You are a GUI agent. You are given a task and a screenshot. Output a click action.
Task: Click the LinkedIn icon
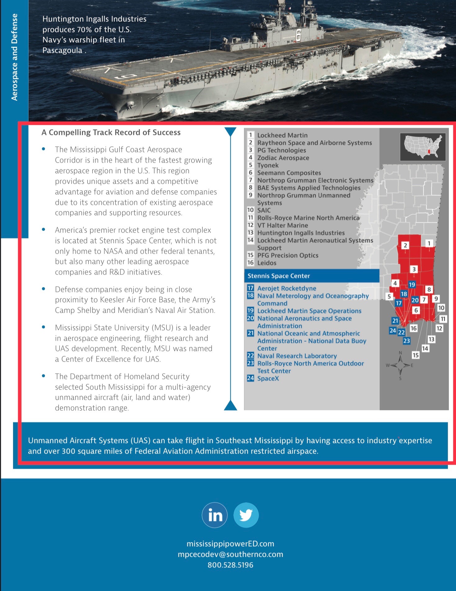point(214,515)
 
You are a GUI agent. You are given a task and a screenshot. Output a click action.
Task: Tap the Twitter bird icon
point(246,515)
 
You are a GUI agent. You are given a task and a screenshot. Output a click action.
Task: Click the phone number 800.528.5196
point(230,565)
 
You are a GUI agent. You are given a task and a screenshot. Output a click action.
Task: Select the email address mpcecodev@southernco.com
point(230,554)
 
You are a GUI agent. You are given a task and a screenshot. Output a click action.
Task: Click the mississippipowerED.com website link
point(230,544)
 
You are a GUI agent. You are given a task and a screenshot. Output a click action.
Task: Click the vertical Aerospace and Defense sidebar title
point(14,57)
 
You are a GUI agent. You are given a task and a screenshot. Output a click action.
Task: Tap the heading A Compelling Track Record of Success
point(111,132)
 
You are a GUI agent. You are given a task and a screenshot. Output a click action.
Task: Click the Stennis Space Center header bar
point(312,276)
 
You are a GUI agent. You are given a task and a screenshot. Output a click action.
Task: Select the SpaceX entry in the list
point(268,378)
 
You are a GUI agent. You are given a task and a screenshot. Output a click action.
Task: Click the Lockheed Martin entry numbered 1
point(282,135)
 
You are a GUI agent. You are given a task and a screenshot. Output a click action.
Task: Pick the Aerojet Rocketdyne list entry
point(287,288)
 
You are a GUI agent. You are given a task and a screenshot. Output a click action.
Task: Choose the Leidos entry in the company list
point(267,263)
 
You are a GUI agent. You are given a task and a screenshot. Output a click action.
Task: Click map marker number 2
point(405,245)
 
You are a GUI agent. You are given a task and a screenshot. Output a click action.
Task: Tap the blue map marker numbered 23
point(406,341)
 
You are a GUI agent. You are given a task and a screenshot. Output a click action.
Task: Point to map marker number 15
point(416,355)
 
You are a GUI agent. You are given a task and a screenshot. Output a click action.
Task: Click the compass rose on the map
point(400,365)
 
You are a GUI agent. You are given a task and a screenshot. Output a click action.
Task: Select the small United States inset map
point(423,147)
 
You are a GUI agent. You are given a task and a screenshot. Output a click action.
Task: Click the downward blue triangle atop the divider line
point(230,132)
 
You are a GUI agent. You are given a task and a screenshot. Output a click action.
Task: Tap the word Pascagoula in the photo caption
point(62,50)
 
